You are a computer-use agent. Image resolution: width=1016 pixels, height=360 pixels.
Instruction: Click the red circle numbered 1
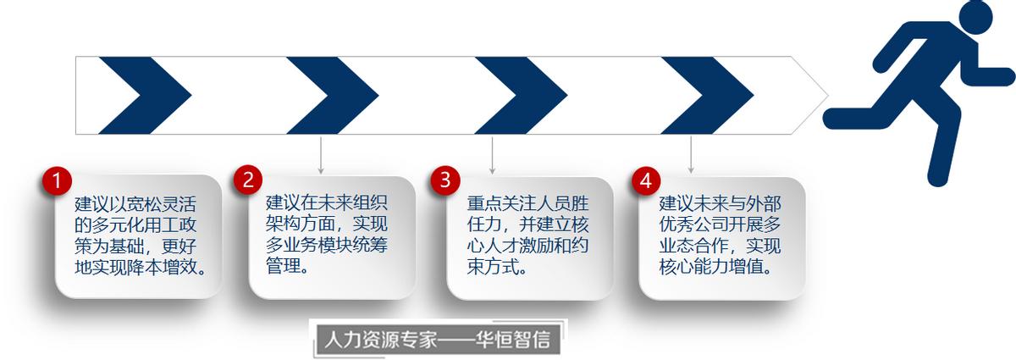pos(57,181)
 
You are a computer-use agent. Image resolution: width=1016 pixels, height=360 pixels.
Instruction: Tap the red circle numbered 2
pos(249,180)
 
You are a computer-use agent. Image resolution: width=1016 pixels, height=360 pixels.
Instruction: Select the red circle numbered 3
pos(445,180)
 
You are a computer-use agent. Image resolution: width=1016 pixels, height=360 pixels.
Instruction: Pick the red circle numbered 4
pos(646,180)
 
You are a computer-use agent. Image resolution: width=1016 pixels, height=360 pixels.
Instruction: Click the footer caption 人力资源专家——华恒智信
pos(438,340)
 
